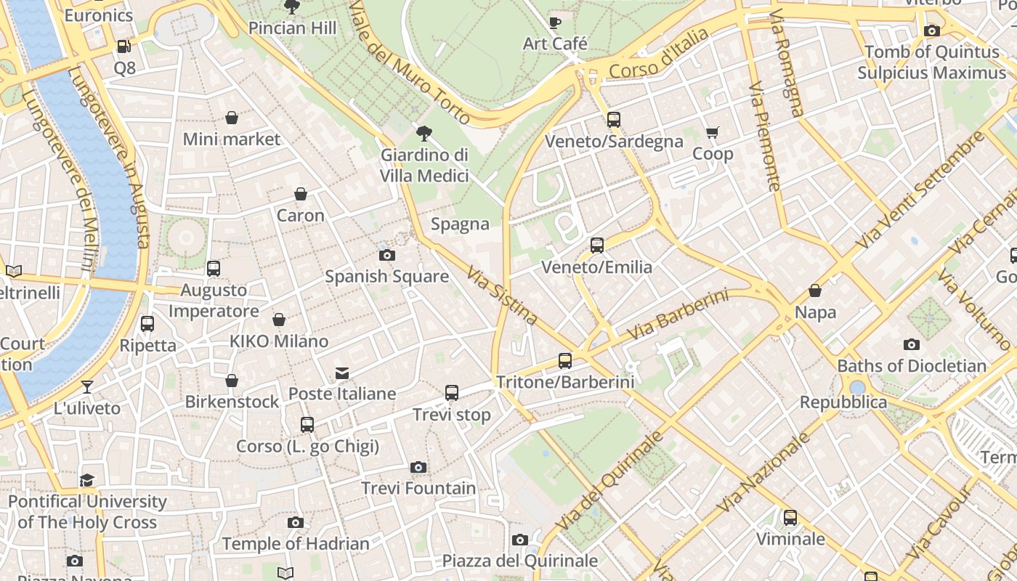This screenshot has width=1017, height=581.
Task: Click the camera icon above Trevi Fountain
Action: point(418,467)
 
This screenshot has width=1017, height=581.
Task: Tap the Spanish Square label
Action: point(386,277)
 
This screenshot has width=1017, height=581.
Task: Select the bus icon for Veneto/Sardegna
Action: point(614,120)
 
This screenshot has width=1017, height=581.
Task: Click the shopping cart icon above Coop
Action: point(712,132)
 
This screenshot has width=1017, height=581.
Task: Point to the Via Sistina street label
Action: point(502,296)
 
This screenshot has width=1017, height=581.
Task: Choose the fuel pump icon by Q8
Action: point(124,46)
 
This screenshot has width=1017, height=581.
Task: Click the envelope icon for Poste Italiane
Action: point(341,373)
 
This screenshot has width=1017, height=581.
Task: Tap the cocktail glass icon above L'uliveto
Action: point(87,387)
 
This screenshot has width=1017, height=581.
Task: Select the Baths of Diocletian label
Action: point(912,366)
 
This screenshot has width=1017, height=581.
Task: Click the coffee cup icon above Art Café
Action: point(555,23)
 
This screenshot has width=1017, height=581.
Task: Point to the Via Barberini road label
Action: point(677,315)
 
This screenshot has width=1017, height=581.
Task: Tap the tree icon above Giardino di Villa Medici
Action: point(424,134)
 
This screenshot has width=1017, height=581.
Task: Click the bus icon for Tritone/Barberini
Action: point(565,360)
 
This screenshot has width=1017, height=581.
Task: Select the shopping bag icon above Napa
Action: point(815,291)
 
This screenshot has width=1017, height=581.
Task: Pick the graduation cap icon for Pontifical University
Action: point(87,480)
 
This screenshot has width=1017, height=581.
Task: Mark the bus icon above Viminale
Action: point(790,518)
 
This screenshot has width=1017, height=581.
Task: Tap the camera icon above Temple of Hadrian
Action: point(295,522)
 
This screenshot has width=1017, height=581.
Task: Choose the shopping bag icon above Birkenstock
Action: point(232,381)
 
